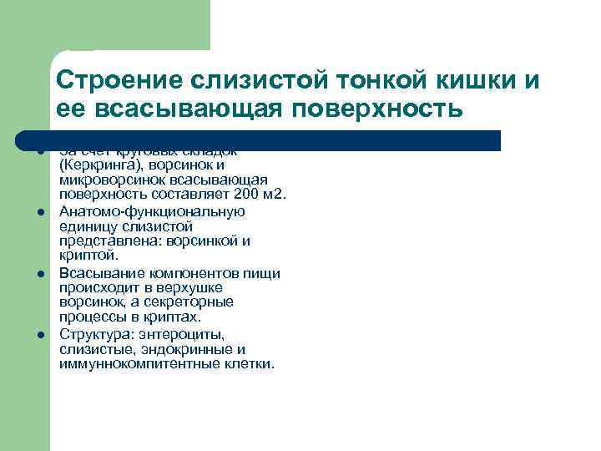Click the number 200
pos(246,195)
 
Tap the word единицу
pos(88,226)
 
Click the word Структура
pos(92,334)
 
